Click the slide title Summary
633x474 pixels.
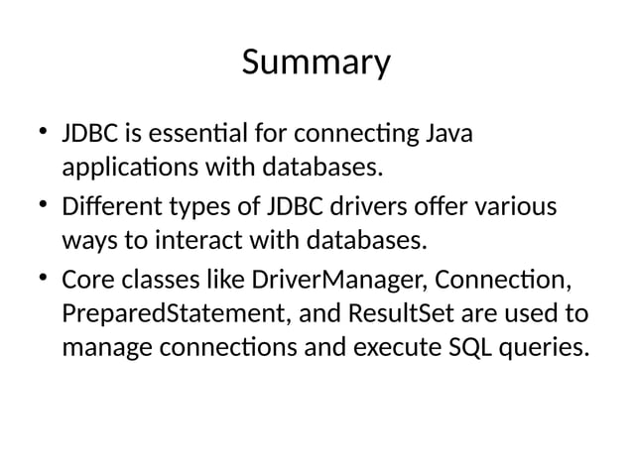[316, 62]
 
